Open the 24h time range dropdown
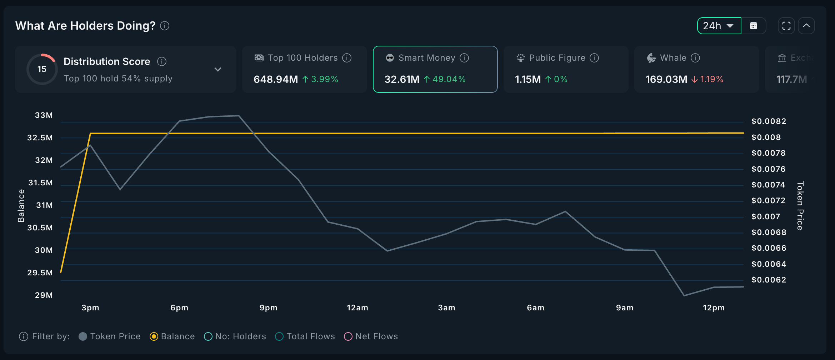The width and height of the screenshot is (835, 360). click(719, 26)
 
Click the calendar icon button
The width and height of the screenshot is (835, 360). click(754, 26)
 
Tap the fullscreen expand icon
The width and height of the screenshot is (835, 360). click(786, 26)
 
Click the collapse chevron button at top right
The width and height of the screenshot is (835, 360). click(806, 26)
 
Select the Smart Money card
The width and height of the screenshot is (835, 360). click(435, 69)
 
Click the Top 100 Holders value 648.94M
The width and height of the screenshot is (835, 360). click(275, 79)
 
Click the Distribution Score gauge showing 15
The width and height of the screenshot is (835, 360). click(42, 69)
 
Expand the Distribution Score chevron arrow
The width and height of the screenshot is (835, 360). click(218, 69)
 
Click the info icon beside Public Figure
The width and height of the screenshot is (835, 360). click(594, 58)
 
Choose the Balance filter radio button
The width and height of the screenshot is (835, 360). click(154, 336)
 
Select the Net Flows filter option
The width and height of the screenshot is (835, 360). click(348, 336)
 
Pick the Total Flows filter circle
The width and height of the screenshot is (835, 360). click(279, 336)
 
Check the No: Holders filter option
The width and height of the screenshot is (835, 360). click(208, 336)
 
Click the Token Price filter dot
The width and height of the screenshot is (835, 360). click(83, 336)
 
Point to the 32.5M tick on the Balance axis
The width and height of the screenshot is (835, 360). click(40, 138)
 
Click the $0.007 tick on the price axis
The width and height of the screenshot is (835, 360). click(766, 216)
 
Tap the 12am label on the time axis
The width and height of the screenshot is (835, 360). click(357, 308)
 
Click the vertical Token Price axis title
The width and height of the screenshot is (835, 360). click(800, 206)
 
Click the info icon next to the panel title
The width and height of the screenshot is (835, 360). click(165, 26)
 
